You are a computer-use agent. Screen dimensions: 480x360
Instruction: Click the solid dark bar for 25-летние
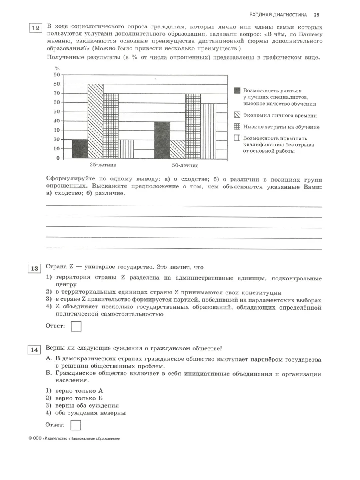(x=80, y=148)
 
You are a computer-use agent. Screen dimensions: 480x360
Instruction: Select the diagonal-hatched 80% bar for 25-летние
(x=96, y=121)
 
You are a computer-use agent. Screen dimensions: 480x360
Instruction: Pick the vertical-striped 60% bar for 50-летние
(x=208, y=130)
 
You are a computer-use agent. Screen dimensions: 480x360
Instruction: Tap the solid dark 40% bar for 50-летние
(x=162, y=140)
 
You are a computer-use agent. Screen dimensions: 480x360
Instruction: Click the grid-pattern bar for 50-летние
(x=193, y=126)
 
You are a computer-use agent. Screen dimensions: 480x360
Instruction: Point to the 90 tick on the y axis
(x=56, y=75)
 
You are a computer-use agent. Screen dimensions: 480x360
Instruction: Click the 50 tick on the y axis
(x=56, y=112)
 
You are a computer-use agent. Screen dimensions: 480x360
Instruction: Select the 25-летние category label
(x=103, y=165)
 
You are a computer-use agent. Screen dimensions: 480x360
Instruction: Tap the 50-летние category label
(x=185, y=165)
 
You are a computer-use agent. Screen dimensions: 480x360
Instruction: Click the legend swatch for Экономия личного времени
(x=237, y=115)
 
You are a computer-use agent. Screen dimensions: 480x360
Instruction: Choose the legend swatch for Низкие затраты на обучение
(x=237, y=127)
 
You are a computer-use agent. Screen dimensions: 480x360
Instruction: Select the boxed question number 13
(x=35, y=269)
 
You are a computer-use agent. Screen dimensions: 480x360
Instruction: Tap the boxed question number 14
(x=35, y=350)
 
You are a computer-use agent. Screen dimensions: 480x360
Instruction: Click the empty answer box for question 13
(x=76, y=326)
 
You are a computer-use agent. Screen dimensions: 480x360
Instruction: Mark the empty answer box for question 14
(x=76, y=424)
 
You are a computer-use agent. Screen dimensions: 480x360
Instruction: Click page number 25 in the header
(x=316, y=15)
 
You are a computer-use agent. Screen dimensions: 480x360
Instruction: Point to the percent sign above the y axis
(x=57, y=68)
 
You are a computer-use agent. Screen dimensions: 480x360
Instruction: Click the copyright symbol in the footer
(x=30, y=438)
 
